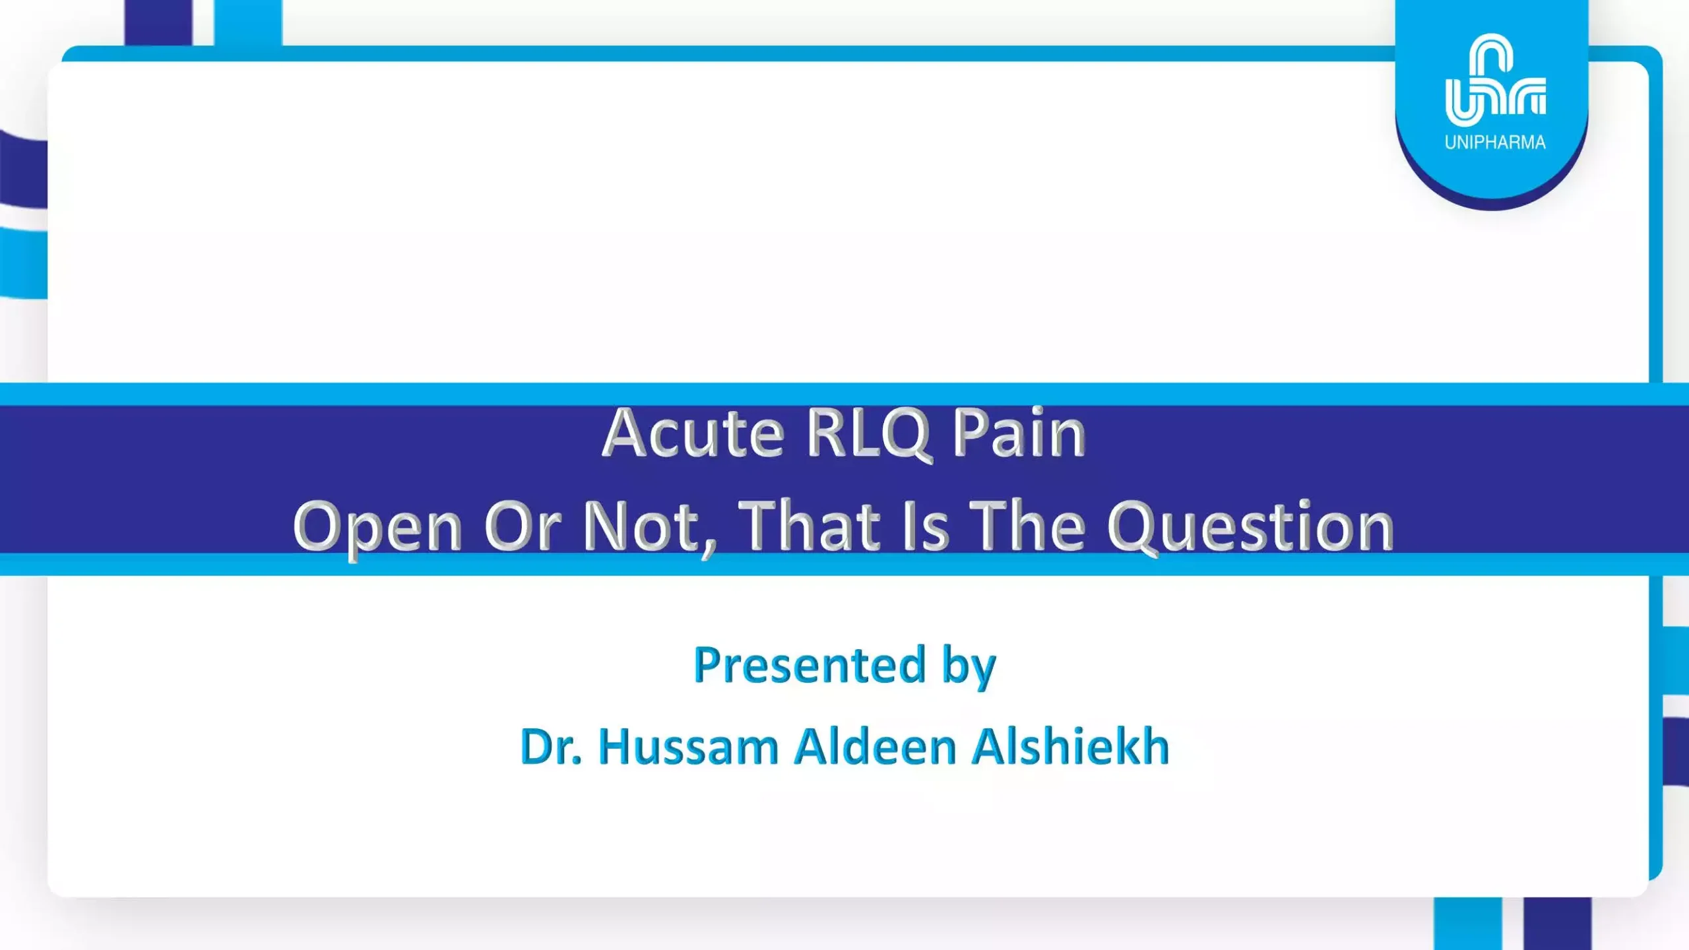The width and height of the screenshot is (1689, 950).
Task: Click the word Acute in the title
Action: click(693, 433)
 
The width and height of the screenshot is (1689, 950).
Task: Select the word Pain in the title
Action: click(1019, 433)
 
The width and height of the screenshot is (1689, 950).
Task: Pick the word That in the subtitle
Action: click(810, 526)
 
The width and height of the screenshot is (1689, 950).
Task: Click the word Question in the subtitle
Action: click(1250, 528)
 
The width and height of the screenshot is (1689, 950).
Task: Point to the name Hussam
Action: click(689, 747)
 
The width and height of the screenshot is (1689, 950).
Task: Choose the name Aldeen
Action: click(876, 746)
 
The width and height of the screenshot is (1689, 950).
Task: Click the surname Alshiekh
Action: click(1071, 746)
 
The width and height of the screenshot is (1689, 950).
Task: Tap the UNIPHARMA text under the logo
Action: click(1495, 142)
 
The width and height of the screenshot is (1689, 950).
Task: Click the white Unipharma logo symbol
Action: click(1495, 80)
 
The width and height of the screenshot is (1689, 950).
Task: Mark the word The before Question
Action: click(1027, 526)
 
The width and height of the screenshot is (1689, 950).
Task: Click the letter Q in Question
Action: click(1133, 528)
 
